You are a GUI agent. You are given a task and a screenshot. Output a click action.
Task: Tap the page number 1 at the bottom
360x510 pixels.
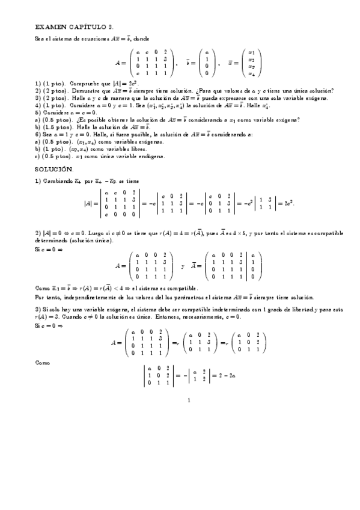[189, 401]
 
